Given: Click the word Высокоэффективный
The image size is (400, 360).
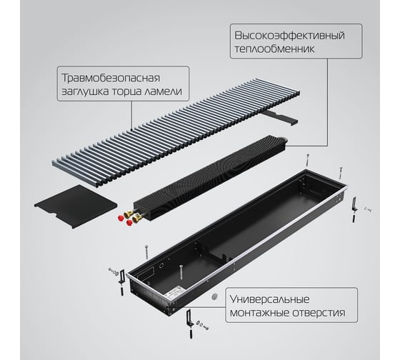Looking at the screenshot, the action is coord(289,36).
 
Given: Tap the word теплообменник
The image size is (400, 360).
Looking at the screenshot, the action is coord(274,49).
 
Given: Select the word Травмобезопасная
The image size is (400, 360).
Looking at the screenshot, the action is coord(111,78).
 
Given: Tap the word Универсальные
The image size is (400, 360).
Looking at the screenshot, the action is coord(269,299).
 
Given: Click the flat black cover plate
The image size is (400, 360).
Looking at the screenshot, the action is coord(76,206).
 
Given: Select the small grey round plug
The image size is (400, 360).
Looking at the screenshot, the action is coord(215,296).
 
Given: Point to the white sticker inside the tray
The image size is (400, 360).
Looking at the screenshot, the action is coord(174,293).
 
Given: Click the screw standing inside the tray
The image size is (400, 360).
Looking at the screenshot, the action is coord(181,272).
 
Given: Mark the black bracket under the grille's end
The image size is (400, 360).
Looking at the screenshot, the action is coord(281,117).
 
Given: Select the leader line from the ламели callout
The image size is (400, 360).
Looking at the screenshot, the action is coord(131,115).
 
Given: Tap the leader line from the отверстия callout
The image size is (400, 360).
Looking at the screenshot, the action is coord(204,307).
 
